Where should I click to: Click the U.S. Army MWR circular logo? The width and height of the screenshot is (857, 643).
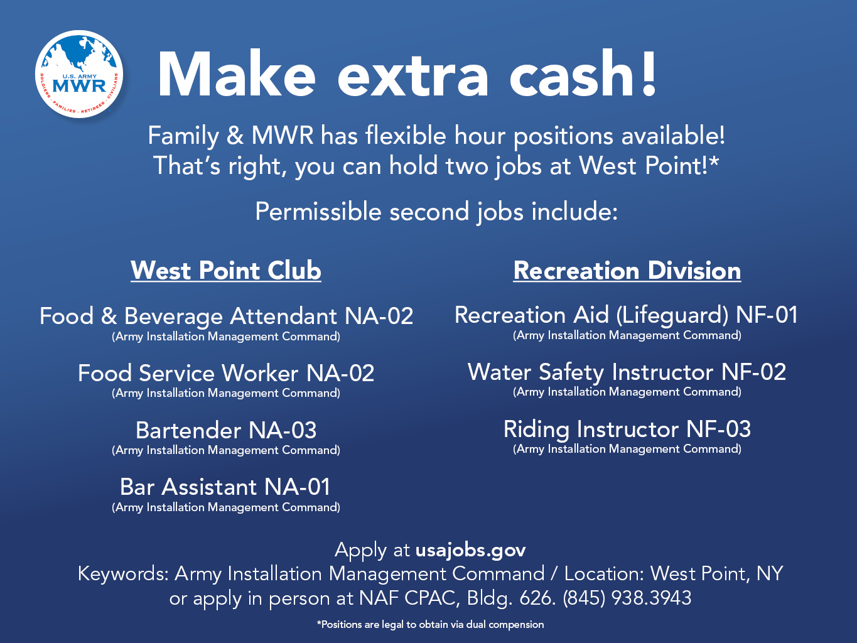[79, 74]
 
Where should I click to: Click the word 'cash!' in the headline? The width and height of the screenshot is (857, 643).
[583, 73]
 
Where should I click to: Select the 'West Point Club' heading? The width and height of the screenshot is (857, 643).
[226, 270]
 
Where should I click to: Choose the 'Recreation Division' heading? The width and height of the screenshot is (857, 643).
[627, 270]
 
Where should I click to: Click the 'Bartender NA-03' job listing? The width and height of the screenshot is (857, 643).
[226, 430]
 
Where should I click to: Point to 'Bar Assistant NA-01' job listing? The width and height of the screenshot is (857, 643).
[225, 487]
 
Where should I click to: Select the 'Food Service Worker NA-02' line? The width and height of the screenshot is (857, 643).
[226, 373]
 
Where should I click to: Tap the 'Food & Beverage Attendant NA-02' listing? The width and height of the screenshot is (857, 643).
[227, 316]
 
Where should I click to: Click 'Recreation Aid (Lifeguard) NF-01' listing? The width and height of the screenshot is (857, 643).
[626, 315]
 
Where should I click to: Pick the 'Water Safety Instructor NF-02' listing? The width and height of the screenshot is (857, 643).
[627, 372]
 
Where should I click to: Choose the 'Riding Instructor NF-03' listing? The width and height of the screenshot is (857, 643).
[627, 429]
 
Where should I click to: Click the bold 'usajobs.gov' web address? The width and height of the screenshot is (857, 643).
[470, 551]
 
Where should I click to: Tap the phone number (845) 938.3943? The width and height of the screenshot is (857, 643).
[627, 598]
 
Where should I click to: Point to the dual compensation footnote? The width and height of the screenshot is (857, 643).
[430, 625]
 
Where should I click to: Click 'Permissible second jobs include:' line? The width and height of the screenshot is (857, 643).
[436, 212]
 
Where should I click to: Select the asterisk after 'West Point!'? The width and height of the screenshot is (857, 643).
[714, 161]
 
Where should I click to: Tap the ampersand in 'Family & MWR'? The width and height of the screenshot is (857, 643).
[235, 136]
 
